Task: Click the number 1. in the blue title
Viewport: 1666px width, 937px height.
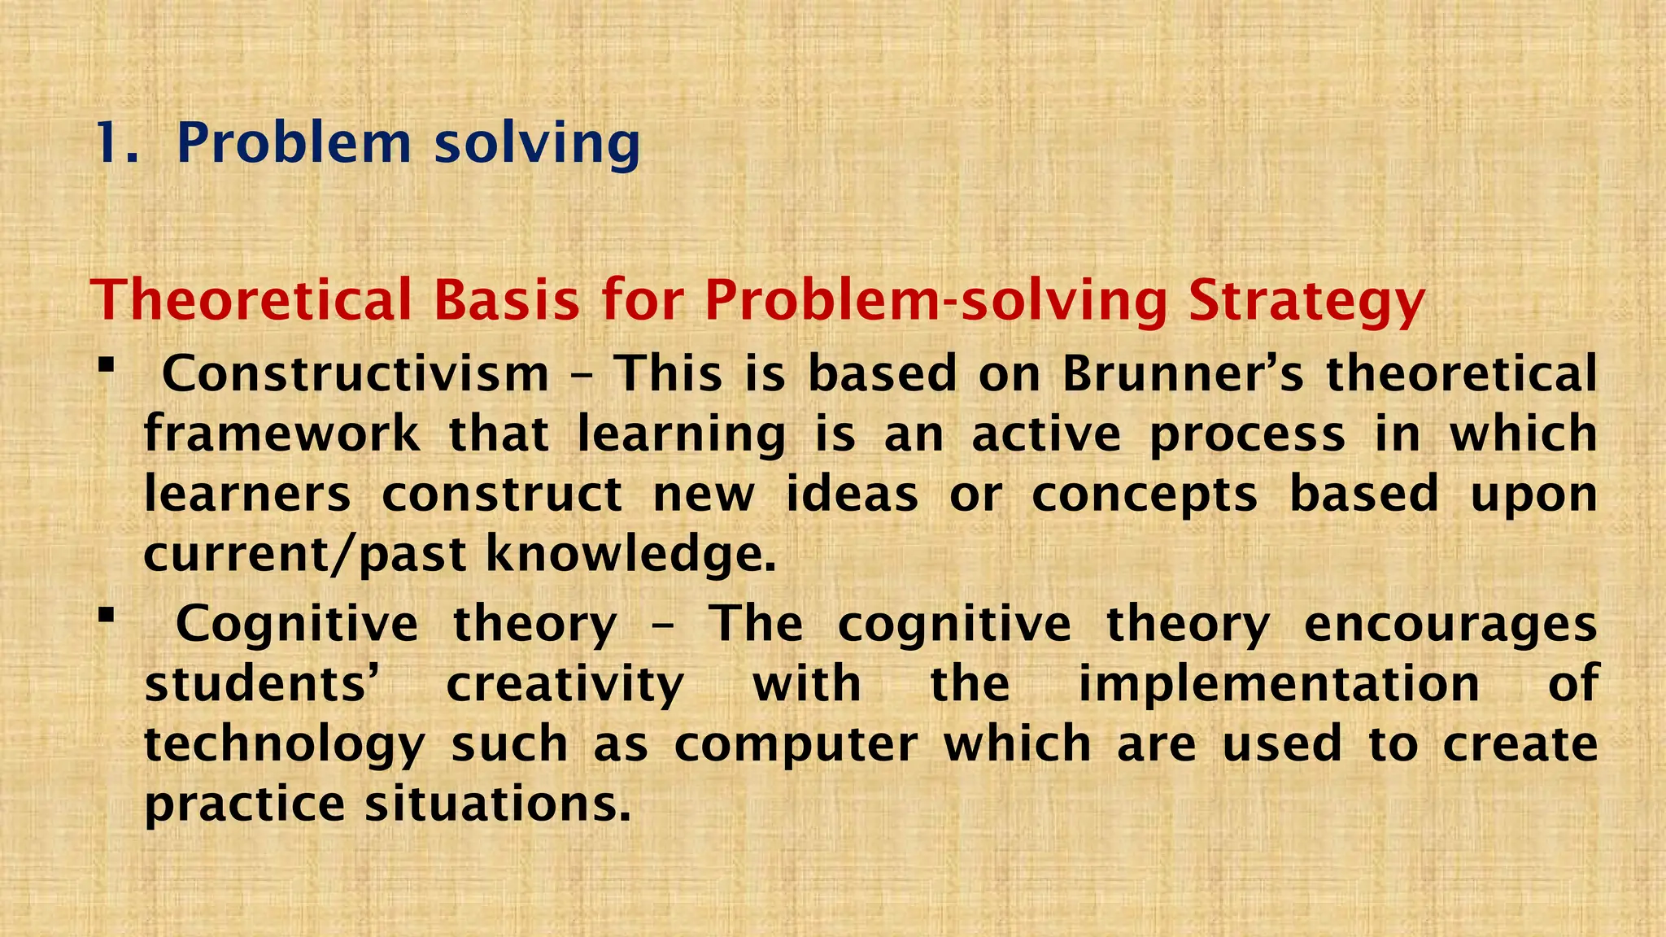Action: (117, 144)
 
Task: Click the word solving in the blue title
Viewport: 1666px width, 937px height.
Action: (538, 144)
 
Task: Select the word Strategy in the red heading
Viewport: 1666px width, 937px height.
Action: (1306, 301)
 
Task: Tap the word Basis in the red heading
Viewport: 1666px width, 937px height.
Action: (506, 301)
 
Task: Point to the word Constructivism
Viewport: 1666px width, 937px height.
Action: (355, 374)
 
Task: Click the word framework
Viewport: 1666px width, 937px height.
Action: (282, 434)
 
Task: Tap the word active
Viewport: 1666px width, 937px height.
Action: (1046, 434)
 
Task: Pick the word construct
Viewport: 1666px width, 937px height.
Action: (502, 494)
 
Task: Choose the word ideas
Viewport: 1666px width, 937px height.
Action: (852, 494)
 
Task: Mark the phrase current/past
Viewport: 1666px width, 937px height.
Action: (305, 556)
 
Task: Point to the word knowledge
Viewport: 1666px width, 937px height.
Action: (630, 556)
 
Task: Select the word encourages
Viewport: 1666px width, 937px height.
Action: (1450, 625)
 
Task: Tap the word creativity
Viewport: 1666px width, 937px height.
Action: (565, 685)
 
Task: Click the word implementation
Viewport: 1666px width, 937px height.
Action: (1279, 685)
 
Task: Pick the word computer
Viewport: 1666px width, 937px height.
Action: (796, 745)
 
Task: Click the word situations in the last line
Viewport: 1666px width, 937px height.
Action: (497, 804)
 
